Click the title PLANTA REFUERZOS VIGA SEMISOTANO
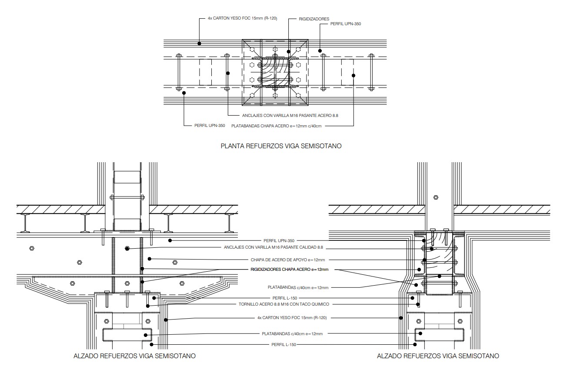pyautogui.click(x=281, y=146)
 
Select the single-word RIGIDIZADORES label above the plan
pyautogui.click(x=314, y=19)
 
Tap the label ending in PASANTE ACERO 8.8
pyautogui.click(x=290, y=116)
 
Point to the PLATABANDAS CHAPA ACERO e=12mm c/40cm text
pyautogui.click(x=278, y=126)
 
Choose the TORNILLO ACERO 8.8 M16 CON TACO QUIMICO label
pyautogui.click(x=284, y=304)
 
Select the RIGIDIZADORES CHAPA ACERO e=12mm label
pyautogui.click(x=289, y=270)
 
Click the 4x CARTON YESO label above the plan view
pyautogui.click(x=242, y=18)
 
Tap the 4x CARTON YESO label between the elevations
pyautogui.click(x=292, y=318)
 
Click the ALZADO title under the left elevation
pyautogui.click(x=135, y=356)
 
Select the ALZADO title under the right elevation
pyautogui.click(x=438, y=356)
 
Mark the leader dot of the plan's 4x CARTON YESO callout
pyautogui.click(x=199, y=43)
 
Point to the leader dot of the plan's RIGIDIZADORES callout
pyautogui.click(x=288, y=52)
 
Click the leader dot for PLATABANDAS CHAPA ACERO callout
pyautogui.click(x=354, y=76)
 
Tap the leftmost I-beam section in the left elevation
pyautogui.click(x=26, y=223)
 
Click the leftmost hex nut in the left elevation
pyautogui.click(x=31, y=248)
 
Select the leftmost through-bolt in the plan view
pyautogui.click(x=179, y=72)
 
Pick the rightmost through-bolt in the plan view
pyautogui.click(x=371, y=72)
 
